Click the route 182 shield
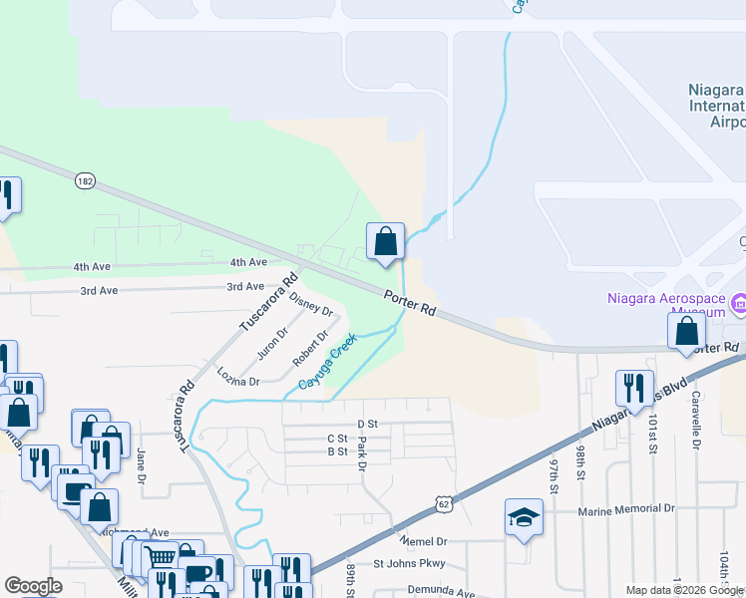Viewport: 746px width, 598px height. (x=86, y=180)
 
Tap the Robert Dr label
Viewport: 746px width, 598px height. (x=310, y=348)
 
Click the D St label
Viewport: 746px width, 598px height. (x=368, y=424)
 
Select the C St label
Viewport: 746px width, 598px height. (x=337, y=438)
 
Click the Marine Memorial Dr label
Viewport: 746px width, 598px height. (x=626, y=509)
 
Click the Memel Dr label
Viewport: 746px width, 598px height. (x=423, y=540)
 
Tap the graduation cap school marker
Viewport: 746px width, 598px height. (x=524, y=517)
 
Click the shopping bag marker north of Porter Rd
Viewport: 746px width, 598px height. (x=385, y=241)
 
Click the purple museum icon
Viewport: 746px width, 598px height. (x=739, y=302)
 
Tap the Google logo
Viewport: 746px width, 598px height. (x=33, y=586)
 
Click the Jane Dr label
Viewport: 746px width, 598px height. (x=142, y=459)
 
